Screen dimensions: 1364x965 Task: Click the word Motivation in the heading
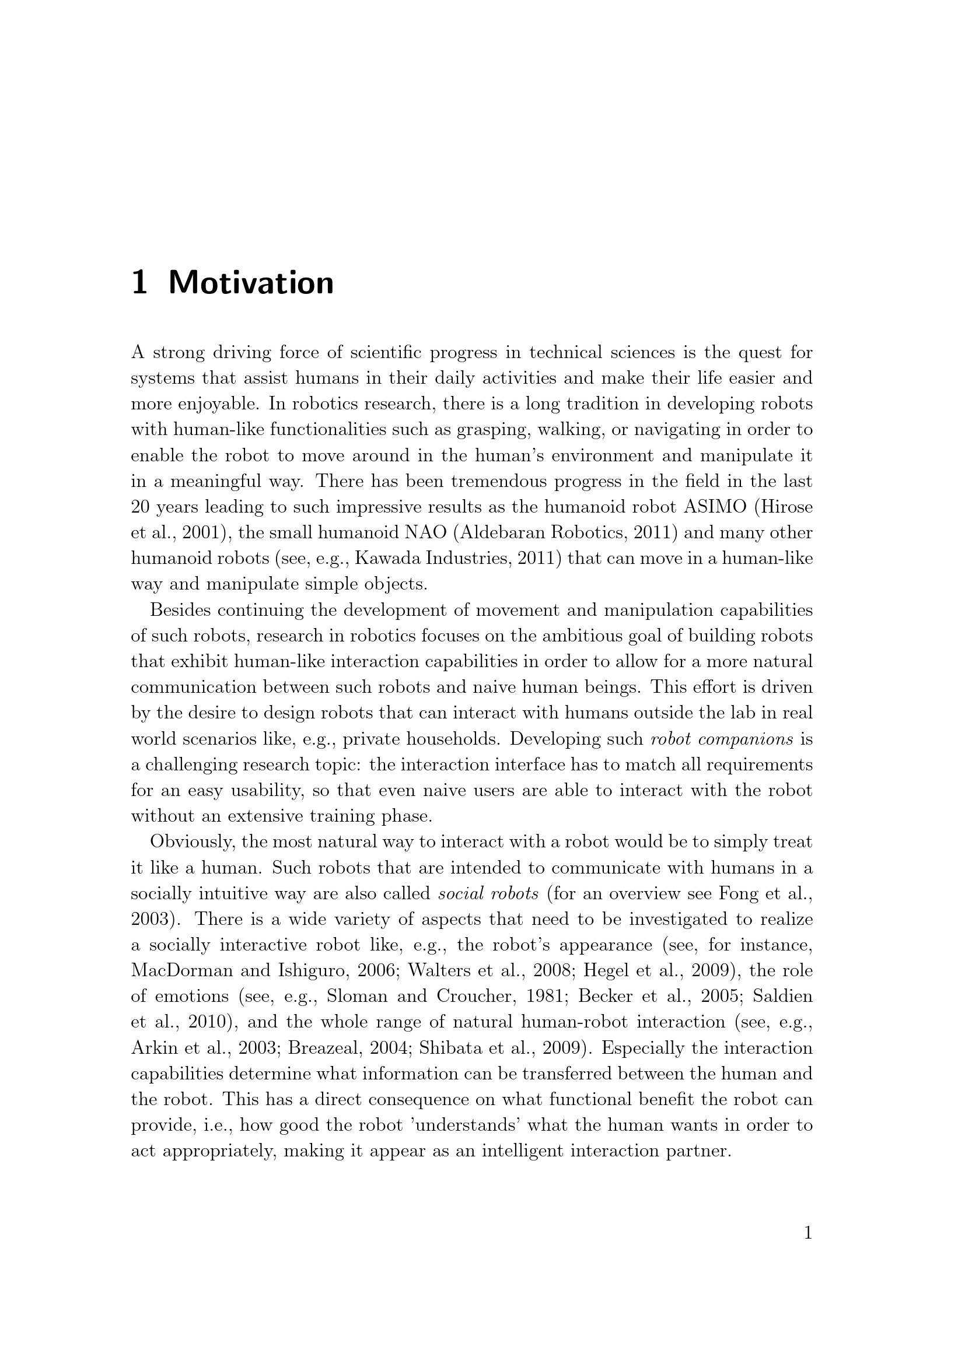[x=251, y=283]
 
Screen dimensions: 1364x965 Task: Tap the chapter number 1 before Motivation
[x=139, y=283]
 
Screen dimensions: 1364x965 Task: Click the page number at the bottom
[x=807, y=1234]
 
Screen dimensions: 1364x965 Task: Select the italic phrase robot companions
[x=722, y=739]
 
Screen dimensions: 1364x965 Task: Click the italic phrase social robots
[x=488, y=893]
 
